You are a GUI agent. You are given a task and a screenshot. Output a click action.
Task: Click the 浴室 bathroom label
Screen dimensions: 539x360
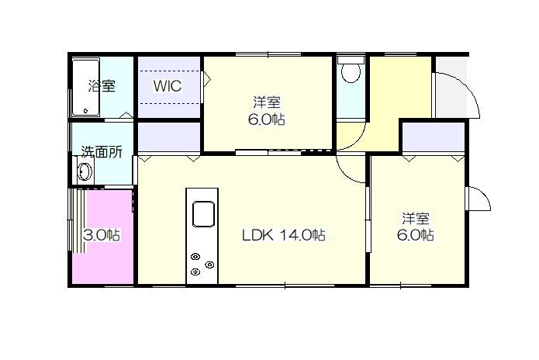click(102, 85)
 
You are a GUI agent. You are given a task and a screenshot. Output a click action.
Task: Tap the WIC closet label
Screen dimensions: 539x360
click(168, 86)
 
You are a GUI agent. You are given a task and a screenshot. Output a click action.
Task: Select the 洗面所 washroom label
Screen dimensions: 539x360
click(102, 151)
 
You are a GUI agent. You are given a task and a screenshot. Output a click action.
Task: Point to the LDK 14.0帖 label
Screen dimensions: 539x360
click(284, 235)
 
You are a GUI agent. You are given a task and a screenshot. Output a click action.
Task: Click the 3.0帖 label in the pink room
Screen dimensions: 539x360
click(102, 235)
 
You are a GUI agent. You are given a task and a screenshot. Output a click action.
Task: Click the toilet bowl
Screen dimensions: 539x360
click(351, 73)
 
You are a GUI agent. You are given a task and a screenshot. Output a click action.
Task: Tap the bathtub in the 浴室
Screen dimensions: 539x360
click(85, 88)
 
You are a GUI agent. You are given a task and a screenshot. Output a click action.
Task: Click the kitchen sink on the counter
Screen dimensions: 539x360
click(203, 214)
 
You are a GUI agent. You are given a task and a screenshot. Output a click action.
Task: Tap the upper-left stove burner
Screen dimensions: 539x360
click(195, 257)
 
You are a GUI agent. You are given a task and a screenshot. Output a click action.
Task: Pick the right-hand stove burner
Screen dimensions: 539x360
click(209, 265)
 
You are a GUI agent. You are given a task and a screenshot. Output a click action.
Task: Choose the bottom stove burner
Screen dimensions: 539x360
click(195, 272)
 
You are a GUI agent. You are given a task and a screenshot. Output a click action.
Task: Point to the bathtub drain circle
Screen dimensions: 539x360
click(85, 111)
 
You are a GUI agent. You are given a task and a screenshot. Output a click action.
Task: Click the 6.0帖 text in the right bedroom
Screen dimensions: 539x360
click(415, 235)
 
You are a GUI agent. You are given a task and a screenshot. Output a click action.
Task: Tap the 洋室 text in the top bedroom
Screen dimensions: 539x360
click(267, 102)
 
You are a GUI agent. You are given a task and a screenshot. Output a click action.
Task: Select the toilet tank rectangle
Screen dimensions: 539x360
click(351, 61)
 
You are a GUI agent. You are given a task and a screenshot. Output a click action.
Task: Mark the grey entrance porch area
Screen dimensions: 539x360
click(451, 87)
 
